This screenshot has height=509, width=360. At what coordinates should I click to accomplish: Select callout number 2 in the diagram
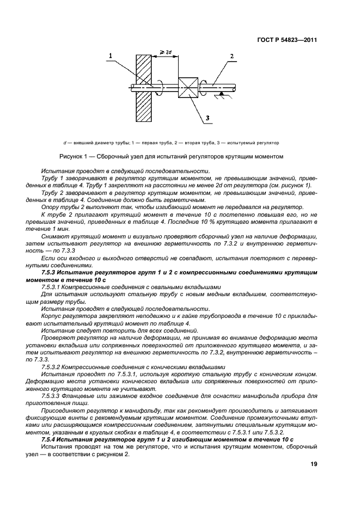pos(232,56)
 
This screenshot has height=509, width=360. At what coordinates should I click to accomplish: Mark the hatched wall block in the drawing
pos(143,87)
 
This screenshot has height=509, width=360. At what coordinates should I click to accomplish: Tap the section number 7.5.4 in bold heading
pos(52,439)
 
